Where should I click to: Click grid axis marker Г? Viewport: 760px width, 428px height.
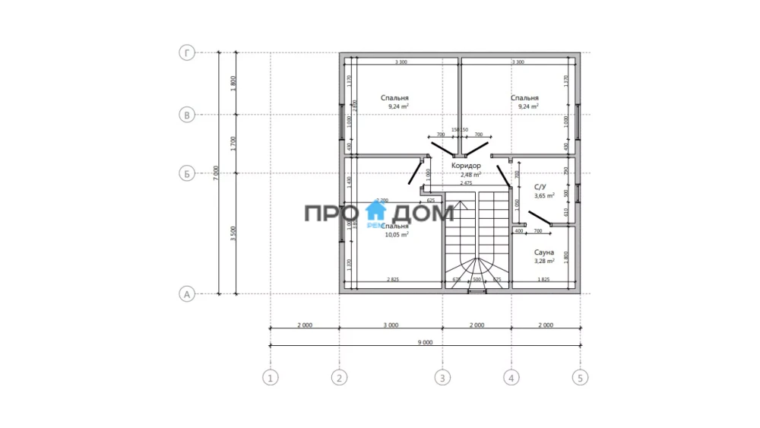pyautogui.click(x=186, y=53)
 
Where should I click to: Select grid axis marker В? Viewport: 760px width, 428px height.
pyautogui.click(x=186, y=115)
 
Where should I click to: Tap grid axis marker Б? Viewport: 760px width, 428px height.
pyautogui.click(x=186, y=173)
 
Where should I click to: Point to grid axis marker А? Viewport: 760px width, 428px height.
pyautogui.click(x=186, y=293)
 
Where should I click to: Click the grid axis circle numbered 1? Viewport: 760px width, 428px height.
pyautogui.click(x=270, y=376)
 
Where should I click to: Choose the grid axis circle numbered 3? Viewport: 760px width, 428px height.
pyautogui.click(x=442, y=376)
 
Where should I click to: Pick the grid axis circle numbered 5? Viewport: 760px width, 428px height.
pyautogui.click(x=581, y=376)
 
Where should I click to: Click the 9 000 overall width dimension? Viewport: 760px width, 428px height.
pyautogui.click(x=425, y=342)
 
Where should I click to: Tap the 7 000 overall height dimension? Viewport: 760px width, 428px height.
pyautogui.click(x=217, y=173)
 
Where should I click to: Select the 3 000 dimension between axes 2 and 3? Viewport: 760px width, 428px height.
pyautogui.click(x=390, y=325)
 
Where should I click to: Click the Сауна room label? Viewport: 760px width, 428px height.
pyautogui.click(x=543, y=252)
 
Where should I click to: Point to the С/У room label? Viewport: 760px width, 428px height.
pyautogui.click(x=540, y=186)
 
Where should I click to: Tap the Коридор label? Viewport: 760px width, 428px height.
pyautogui.click(x=466, y=165)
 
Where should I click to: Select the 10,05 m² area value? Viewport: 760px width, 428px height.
pyautogui.click(x=397, y=235)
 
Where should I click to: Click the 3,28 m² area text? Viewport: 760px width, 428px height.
pyautogui.click(x=543, y=261)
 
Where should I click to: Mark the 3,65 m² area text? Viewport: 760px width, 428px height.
pyautogui.click(x=544, y=195)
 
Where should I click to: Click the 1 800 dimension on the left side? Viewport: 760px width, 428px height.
pyautogui.click(x=234, y=84)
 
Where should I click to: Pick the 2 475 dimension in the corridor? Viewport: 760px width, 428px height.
pyautogui.click(x=466, y=183)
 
